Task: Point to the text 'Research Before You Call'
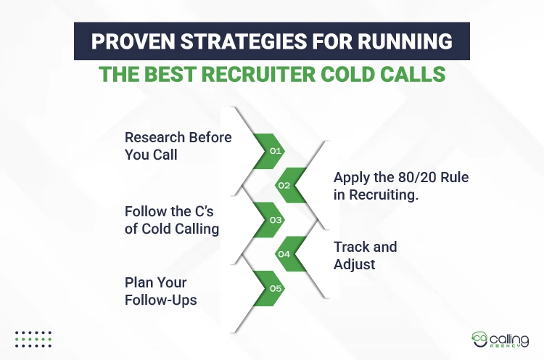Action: tap(178, 145)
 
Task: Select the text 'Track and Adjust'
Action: tap(365, 255)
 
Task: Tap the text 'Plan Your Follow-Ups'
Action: tap(161, 290)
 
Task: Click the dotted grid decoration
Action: tap(33, 338)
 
